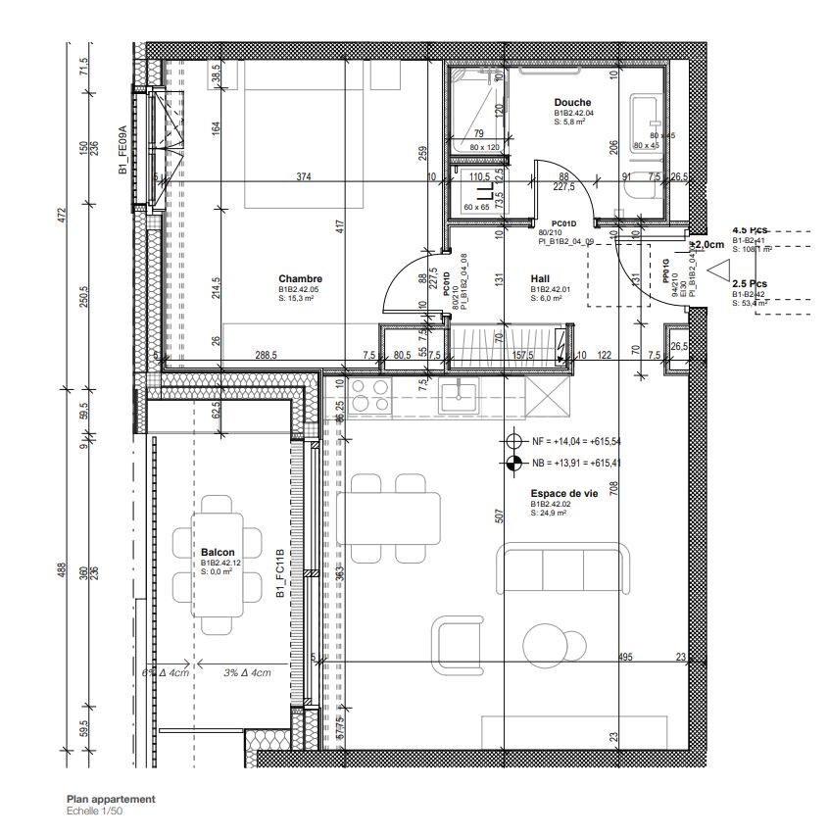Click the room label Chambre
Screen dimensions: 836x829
click(300, 279)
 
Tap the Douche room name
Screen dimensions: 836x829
click(573, 103)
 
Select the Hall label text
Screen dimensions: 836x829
click(540, 278)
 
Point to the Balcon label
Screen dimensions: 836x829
click(217, 553)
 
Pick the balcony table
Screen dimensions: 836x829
click(218, 568)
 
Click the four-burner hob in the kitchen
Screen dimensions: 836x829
click(369, 396)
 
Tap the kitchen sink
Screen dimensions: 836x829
click(458, 396)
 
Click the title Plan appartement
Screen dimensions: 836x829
click(111, 800)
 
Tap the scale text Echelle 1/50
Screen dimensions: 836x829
click(95, 811)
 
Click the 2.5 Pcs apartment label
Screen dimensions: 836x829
click(750, 283)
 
